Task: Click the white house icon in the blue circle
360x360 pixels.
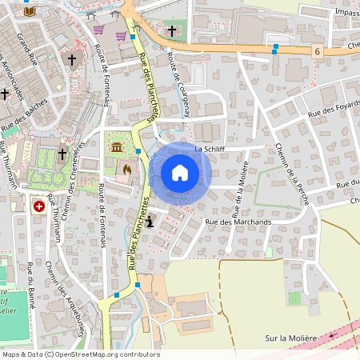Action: coord(180,173)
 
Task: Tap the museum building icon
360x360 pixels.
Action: coord(118,148)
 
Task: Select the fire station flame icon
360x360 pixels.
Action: coord(126,170)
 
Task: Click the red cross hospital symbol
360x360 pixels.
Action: coord(38,206)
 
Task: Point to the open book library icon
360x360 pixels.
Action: coord(30,11)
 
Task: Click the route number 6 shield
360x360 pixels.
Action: coord(318,51)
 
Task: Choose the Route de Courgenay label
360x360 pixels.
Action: coord(177,85)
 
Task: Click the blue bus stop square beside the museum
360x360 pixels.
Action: coord(138,150)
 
